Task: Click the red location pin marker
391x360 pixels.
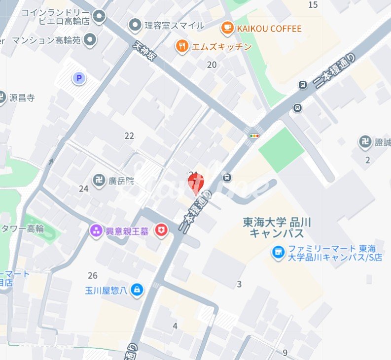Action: [196, 183]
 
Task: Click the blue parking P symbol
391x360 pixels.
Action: [78, 77]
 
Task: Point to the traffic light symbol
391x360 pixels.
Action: [254, 135]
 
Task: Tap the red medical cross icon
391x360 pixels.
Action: [161, 230]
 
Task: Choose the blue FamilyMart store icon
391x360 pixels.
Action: [279, 253]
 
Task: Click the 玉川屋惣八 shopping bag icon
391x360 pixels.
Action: [138, 291]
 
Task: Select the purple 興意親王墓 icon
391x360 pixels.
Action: [96, 230]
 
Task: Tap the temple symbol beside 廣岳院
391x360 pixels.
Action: [99, 181]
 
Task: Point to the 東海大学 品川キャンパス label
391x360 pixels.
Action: [277, 227]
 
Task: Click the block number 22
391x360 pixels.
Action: [129, 136]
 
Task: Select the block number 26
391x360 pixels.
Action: [93, 275]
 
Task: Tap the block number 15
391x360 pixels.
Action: [313, 5]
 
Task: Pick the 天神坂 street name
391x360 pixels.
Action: [145, 51]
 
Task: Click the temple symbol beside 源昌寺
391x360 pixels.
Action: [2, 97]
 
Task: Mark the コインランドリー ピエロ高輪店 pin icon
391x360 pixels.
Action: [100, 17]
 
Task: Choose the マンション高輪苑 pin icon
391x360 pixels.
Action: [90, 39]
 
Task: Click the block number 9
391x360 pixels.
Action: [285, 352]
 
